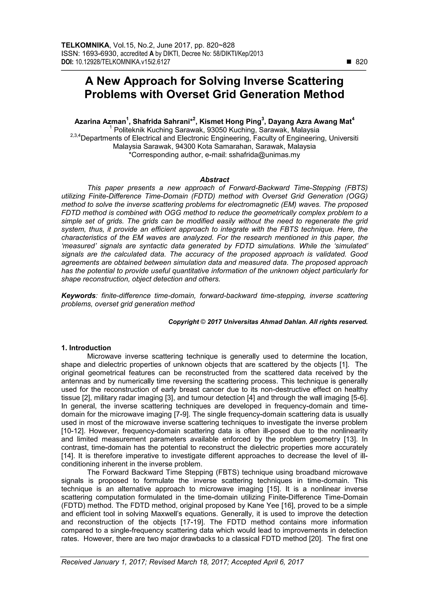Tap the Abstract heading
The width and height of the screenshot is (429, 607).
[x=214, y=180]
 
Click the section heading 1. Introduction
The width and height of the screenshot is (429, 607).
[x=86, y=348]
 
